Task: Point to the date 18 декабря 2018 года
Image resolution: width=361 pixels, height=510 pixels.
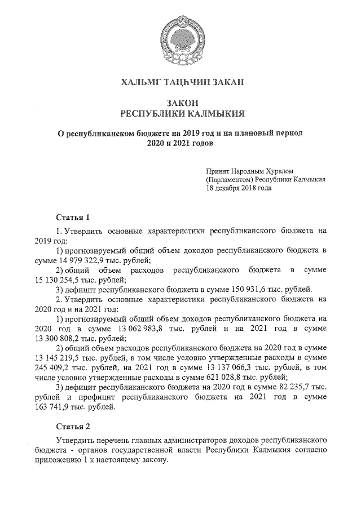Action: pyautogui.click(x=239, y=188)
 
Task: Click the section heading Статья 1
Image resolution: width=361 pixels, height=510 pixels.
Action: pyautogui.click(x=73, y=217)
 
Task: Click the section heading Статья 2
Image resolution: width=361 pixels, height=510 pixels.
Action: pyautogui.click(x=73, y=426)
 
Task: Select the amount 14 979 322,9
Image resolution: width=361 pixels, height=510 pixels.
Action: pyautogui.click(x=85, y=260)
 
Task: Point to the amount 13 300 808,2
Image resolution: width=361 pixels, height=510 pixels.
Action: pyautogui.click(x=58, y=339)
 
